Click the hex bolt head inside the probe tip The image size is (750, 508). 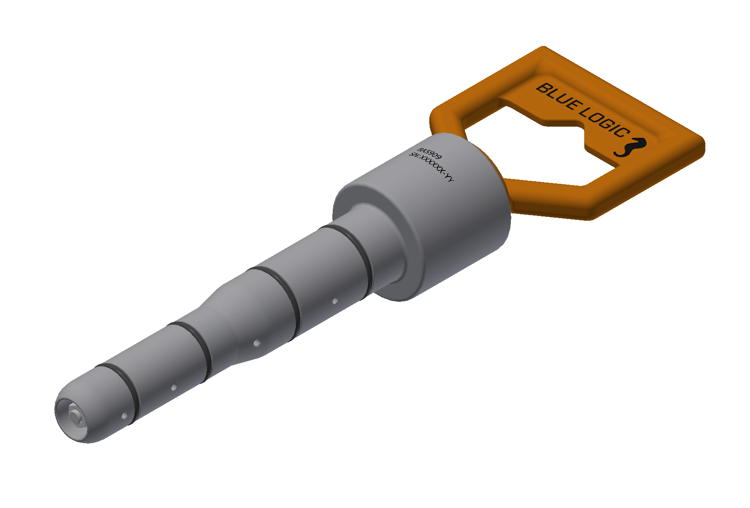click(x=76, y=416)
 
